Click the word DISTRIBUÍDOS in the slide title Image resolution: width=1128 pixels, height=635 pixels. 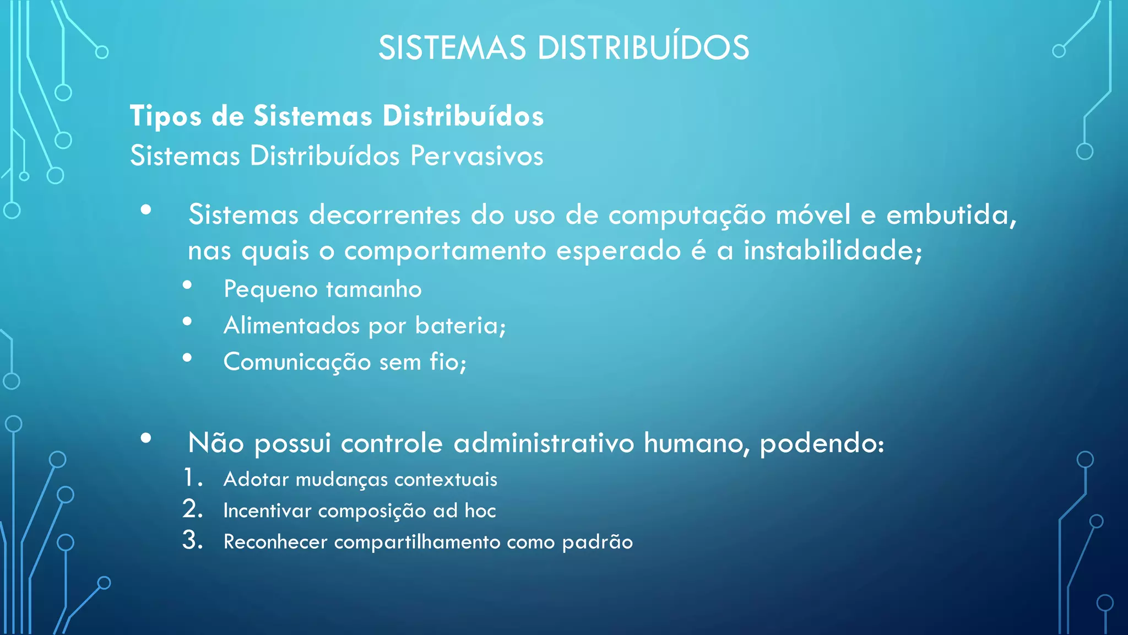coord(643,47)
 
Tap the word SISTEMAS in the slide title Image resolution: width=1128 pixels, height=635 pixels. coord(452,47)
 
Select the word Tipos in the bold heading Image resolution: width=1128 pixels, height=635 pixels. coord(165,116)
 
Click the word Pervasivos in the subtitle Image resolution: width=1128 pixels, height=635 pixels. coord(476,155)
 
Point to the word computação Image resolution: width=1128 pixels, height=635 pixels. coord(687,215)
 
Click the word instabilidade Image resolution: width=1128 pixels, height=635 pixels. coord(832,251)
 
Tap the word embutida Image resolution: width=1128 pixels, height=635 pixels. coord(950,215)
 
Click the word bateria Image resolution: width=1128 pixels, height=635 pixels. coord(458,325)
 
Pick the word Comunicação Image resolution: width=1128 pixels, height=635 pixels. coord(297,362)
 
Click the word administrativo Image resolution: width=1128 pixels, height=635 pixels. coord(544,443)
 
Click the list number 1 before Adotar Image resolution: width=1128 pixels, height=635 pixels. coord(190,478)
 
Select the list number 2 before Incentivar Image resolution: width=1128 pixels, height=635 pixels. coord(192,509)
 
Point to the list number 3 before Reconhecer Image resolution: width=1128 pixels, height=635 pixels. coord(192,540)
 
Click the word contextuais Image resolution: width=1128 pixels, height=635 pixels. coord(446,479)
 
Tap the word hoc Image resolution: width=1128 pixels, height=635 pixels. coord(480,510)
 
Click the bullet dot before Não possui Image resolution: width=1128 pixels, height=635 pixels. coord(146,438)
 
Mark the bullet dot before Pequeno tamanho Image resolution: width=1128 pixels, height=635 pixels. coord(187,285)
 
